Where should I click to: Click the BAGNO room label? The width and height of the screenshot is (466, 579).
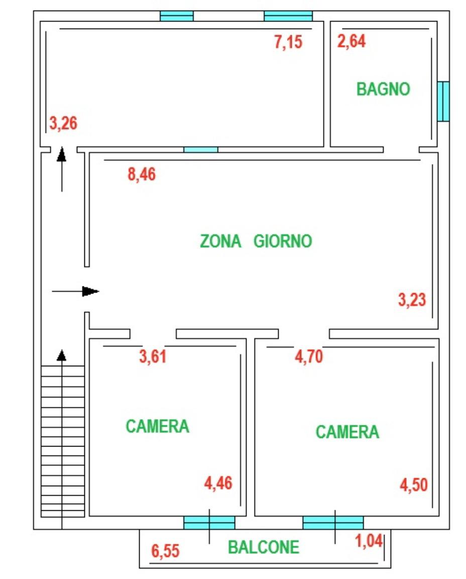383,89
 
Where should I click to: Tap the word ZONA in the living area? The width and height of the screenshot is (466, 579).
220,241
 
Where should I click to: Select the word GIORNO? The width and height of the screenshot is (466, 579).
283,241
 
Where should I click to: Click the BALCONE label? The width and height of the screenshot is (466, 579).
264,547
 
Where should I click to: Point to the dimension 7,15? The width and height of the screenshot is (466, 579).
288,42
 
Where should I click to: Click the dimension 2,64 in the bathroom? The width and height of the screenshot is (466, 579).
352,41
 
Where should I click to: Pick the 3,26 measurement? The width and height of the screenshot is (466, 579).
63,123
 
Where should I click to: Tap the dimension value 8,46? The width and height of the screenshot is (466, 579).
142,174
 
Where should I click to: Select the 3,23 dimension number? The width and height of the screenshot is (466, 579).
412,300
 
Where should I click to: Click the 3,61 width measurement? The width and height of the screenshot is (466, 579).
153,356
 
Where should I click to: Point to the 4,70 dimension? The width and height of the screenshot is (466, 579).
309,357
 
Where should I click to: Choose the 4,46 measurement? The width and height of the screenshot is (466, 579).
218,483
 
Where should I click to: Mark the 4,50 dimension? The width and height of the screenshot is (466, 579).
414,485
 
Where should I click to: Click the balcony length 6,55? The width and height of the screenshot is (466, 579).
166,551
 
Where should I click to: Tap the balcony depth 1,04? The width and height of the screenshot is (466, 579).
369,541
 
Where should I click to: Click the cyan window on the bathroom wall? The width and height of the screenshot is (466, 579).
443,101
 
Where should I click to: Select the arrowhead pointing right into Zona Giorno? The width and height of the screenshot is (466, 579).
90,292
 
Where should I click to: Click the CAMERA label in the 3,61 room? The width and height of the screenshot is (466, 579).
158,426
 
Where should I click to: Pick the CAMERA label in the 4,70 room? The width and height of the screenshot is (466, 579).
347,431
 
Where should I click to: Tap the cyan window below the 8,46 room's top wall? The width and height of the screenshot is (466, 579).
201,150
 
